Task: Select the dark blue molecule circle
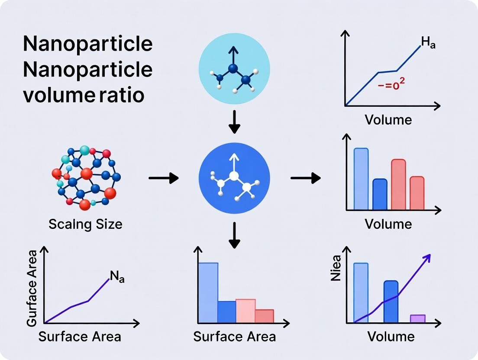click(234, 178)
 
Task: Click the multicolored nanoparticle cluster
click(87, 177)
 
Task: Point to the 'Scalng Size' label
click(85, 224)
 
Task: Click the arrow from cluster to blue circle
click(163, 178)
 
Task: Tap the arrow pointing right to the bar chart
click(305, 177)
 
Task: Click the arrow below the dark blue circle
click(234, 235)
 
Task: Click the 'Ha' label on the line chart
click(428, 43)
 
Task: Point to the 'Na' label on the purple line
click(117, 277)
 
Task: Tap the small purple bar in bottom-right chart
click(418, 318)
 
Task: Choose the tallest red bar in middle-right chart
click(398, 185)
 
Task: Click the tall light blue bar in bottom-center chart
click(208, 292)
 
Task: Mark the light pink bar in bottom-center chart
click(245, 311)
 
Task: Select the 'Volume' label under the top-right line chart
click(388, 119)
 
